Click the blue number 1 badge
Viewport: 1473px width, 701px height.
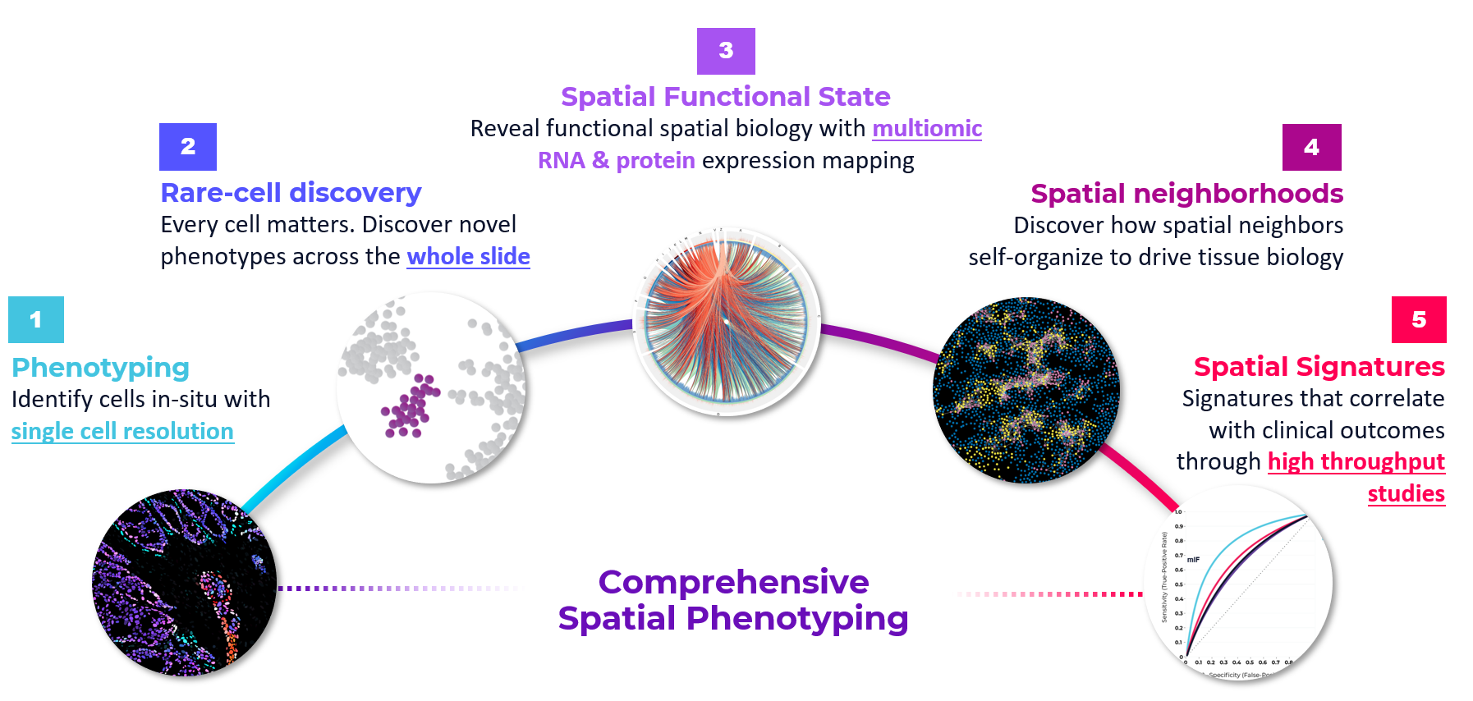35,319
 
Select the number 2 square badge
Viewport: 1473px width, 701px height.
188,146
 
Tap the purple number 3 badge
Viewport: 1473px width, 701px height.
726,51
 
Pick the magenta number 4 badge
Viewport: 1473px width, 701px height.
1311,147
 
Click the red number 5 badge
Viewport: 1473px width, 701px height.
1419,319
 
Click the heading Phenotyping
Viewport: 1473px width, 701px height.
100,367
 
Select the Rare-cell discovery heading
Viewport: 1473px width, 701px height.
291,192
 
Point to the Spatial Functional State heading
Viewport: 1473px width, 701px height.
725,97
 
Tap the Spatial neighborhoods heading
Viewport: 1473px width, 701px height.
1186,194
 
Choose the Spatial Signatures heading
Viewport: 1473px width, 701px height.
1319,366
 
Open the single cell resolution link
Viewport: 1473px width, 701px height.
122,431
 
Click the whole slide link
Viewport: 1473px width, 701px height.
468,256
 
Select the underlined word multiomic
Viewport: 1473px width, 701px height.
927,128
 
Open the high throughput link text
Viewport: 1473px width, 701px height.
1356,461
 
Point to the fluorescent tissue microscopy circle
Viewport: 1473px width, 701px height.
184,583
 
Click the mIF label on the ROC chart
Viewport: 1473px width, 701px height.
1193,560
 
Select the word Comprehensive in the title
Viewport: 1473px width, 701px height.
733,582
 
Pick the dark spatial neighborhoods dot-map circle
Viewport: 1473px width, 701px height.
1026,390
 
